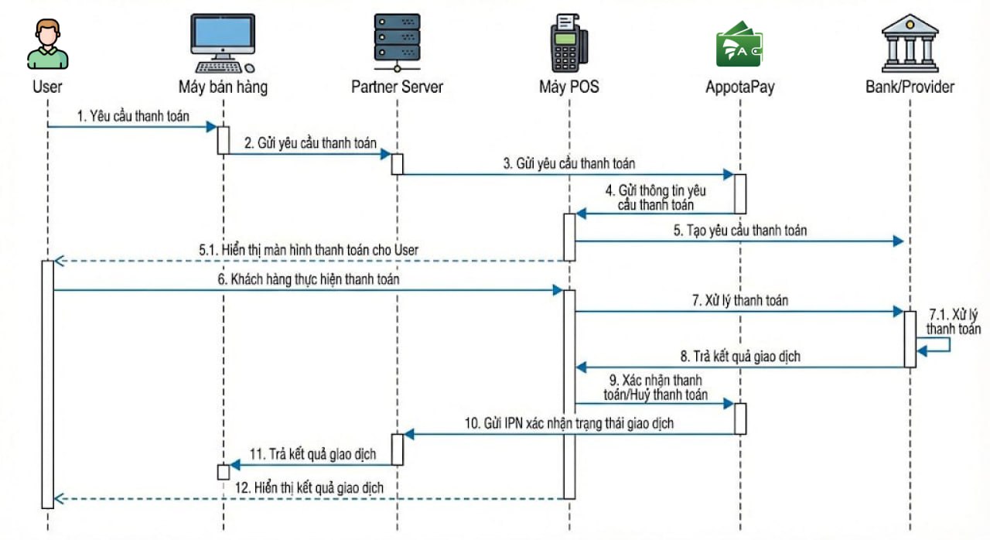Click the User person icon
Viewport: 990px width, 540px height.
click(47, 45)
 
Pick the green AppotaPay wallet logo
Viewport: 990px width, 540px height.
click(739, 45)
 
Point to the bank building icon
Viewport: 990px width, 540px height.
click(910, 43)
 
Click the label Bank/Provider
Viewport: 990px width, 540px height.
click(910, 87)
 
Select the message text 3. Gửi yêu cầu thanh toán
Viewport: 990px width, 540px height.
click(569, 163)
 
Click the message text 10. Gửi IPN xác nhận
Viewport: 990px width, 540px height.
click(568, 423)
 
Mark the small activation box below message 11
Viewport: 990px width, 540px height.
click(223, 472)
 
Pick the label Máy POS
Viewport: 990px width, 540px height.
click(568, 87)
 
